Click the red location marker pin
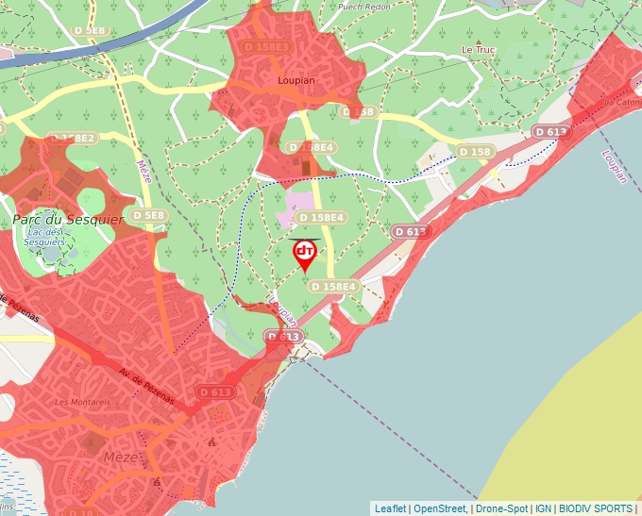305,253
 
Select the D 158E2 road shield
73,138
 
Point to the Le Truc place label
478,49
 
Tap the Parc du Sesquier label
55,219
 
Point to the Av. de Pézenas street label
145,386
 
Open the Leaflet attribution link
390,508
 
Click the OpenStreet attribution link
441,508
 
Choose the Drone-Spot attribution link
501,508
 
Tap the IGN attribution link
543,508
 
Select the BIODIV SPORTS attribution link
596,508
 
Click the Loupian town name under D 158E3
296,81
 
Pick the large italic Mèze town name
118,458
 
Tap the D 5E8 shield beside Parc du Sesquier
149,215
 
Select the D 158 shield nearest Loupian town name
359,112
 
